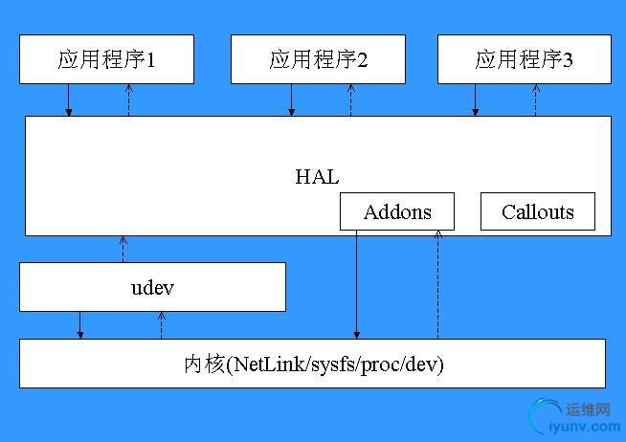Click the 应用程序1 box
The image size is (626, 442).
tap(106, 59)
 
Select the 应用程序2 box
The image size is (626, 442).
tap(318, 59)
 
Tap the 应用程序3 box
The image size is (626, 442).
tap(525, 59)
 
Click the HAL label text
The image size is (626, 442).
tap(317, 177)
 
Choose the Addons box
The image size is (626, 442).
tap(397, 211)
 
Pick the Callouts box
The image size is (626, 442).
tap(538, 211)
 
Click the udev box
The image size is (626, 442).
tap(152, 287)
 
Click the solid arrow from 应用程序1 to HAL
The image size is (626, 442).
tap(69, 100)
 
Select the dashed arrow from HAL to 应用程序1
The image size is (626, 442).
tap(128, 100)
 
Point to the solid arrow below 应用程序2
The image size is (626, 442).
tap(291, 100)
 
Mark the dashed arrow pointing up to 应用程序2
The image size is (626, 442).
tap(351, 100)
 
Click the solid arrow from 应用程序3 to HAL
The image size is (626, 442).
tap(475, 100)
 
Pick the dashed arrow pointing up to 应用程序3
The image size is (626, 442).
tap(536, 100)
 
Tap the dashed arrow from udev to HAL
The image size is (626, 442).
tap(123, 250)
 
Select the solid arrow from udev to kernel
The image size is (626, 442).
tap(79, 325)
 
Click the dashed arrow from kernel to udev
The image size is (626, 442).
tap(162, 325)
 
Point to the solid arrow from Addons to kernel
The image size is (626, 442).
tap(356, 285)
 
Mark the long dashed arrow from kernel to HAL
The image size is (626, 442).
tap(438, 285)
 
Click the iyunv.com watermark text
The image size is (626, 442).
tap(585, 427)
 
